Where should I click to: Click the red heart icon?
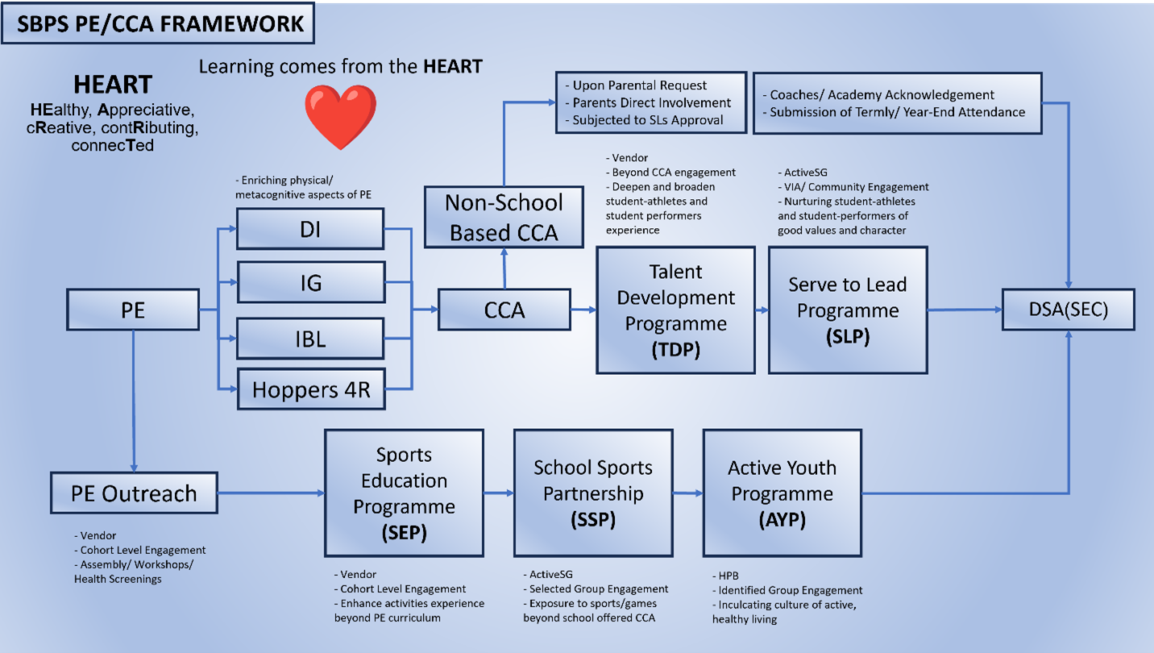pyautogui.click(x=341, y=116)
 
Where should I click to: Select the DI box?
pyautogui.click(x=310, y=229)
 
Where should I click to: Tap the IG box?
pyautogui.click(x=311, y=282)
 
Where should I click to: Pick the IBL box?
pyautogui.click(x=310, y=339)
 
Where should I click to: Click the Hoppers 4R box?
pyautogui.click(x=311, y=389)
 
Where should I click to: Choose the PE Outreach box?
pyautogui.click(x=134, y=493)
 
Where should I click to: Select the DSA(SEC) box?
pyautogui.click(x=1068, y=310)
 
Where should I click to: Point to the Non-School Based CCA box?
pyautogui.click(x=504, y=218)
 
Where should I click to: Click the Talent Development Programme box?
pyautogui.click(x=676, y=310)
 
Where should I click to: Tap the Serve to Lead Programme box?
pyautogui.click(x=848, y=310)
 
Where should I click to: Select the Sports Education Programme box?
pyautogui.click(x=404, y=493)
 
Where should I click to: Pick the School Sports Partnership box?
pyautogui.click(x=593, y=493)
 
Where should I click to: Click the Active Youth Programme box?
pyautogui.click(x=782, y=493)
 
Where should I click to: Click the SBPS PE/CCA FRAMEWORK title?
pyautogui.click(x=158, y=23)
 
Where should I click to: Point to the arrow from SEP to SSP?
pyautogui.click(x=499, y=493)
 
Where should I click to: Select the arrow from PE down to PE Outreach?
pyautogui.click(x=134, y=401)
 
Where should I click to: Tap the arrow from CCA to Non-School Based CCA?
pyautogui.click(x=504, y=268)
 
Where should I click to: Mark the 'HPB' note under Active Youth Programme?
pyautogui.click(x=725, y=576)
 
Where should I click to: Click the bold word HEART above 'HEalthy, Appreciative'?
pyautogui.click(x=113, y=85)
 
